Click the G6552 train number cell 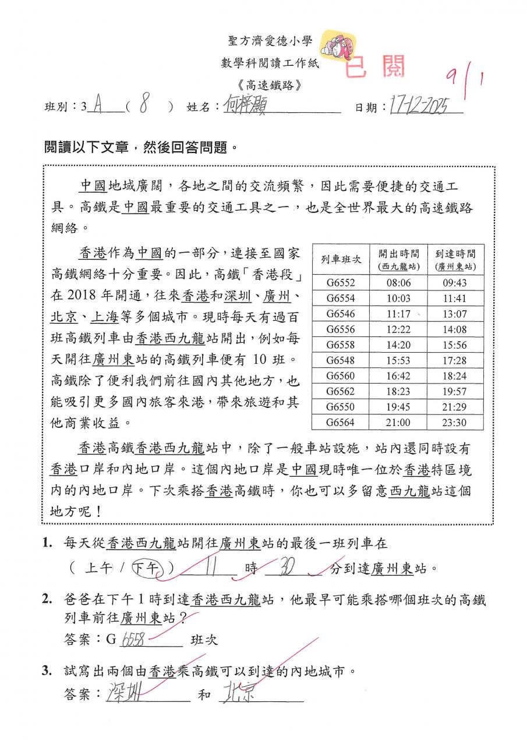(x=340, y=283)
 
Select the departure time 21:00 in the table (x=398, y=423)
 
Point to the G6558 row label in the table (x=340, y=345)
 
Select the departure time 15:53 (x=398, y=361)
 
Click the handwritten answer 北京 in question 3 (x=239, y=694)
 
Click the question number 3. (x=47, y=671)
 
